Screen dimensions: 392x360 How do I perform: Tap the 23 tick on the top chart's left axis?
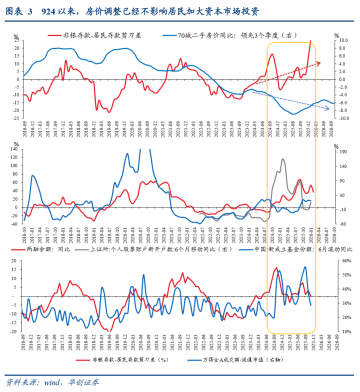pos(16,40)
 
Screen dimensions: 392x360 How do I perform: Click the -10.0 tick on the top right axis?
pos(337,118)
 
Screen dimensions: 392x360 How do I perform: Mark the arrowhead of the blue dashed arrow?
pos(329,109)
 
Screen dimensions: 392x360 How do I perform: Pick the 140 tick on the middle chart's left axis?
pos(14,149)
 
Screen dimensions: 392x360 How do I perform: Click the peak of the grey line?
pos(283,159)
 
